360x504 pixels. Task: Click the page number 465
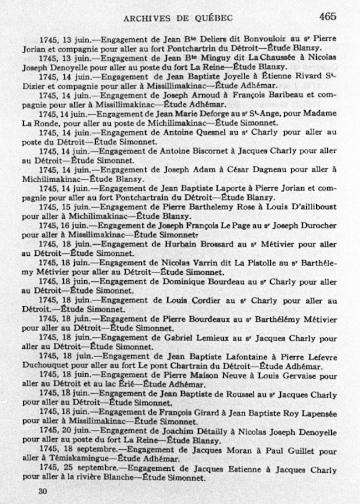click(x=328, y=16)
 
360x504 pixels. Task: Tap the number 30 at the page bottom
click(x=43, y=491)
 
